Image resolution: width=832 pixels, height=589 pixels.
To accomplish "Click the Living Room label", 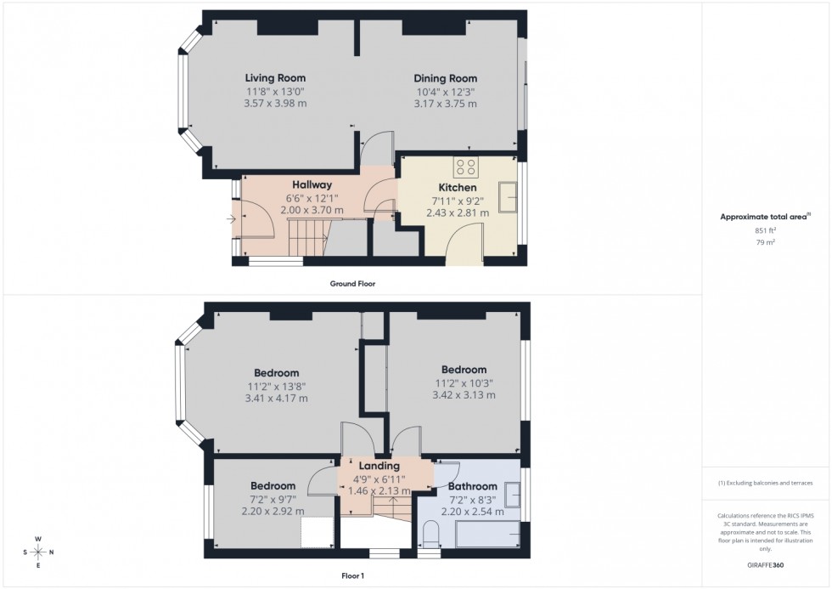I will click(275, 78).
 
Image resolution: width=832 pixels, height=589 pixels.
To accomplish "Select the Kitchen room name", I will click(457, 187).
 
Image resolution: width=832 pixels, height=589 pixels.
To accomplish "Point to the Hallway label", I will click(312, 184).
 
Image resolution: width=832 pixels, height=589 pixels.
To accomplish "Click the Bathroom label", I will click(473, 486).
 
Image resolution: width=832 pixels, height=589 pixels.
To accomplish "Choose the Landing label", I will click(379, 466).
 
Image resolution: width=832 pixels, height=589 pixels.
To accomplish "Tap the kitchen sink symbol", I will click(511, 197).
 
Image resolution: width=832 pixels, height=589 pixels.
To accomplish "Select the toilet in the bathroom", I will click(430, 535).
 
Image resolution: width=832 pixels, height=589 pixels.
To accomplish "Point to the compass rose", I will click(39, 552).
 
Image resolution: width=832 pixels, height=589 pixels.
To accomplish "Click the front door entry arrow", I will click(232, 220).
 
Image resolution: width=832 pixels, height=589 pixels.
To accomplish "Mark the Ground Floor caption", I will click(352, 284).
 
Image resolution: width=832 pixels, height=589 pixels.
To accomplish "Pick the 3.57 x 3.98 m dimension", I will click(275, 104).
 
